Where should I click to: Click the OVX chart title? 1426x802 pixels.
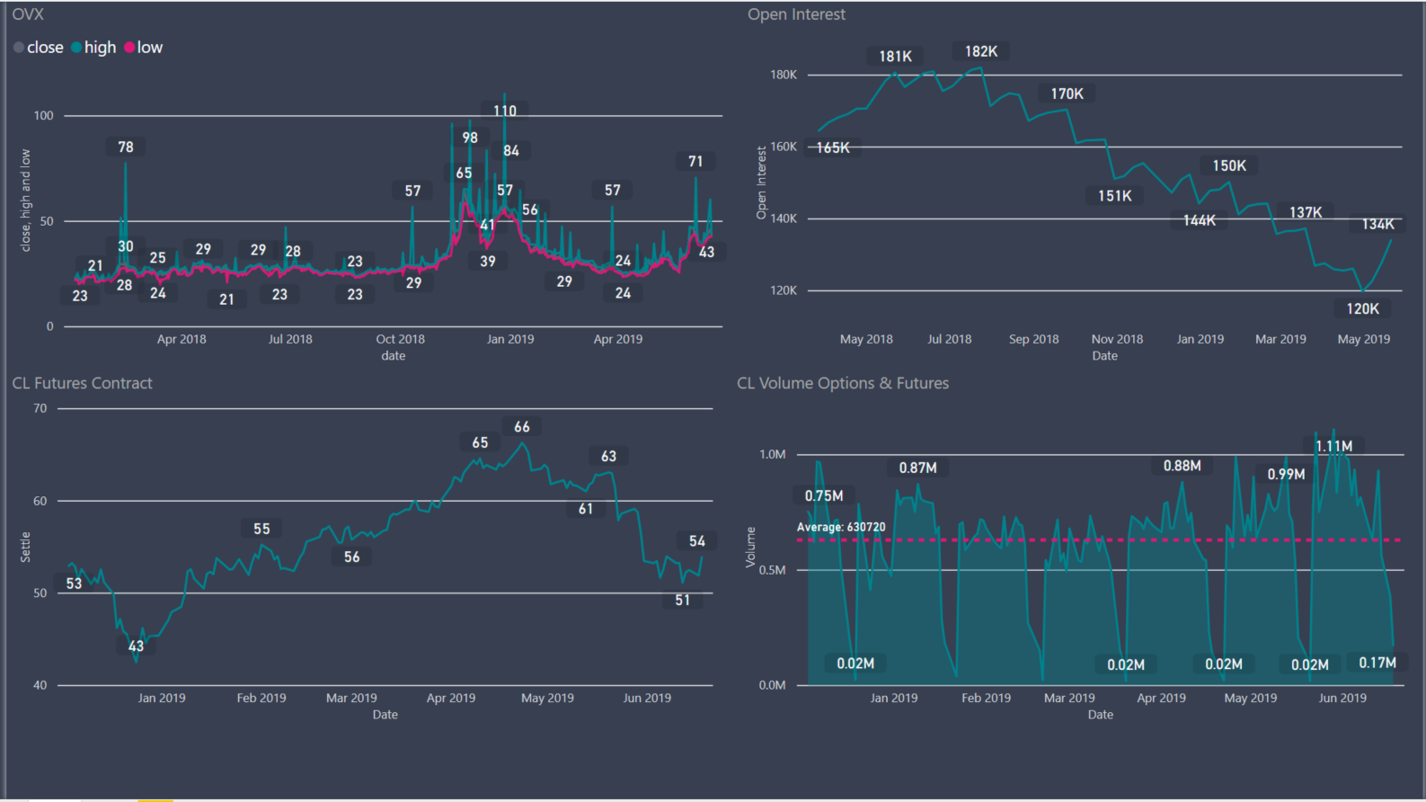pos(28,14)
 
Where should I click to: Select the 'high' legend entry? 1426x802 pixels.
pos(100,48)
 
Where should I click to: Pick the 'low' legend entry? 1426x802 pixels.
pos(149,48)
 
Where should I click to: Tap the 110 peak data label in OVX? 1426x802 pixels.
pos(505,111)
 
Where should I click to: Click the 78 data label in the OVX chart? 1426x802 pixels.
pos(126,147)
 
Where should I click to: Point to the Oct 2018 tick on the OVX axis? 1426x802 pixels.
pos(400,339)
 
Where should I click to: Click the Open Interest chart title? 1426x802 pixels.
pos(796,14)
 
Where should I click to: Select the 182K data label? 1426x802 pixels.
pos(981,51)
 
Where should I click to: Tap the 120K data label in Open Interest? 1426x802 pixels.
pos(1362,308)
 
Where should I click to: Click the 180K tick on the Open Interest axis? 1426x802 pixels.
pos(784,75)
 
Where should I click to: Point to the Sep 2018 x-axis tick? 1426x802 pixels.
pos(1033,339)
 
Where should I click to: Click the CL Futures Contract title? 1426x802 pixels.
pos(82,383)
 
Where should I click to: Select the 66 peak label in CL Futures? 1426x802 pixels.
pos(522,427)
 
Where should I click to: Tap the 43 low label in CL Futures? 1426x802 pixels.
pos(136,646)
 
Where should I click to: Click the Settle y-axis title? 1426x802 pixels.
pos(25,547)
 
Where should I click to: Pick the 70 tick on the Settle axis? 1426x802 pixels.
pos(40,408)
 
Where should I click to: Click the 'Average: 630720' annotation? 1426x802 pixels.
pos(841,527)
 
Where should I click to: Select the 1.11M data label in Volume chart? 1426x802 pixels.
pos(1333,446)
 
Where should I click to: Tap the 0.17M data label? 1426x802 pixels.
pos(1377,663)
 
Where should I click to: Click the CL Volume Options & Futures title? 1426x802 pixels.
pos(843,383)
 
